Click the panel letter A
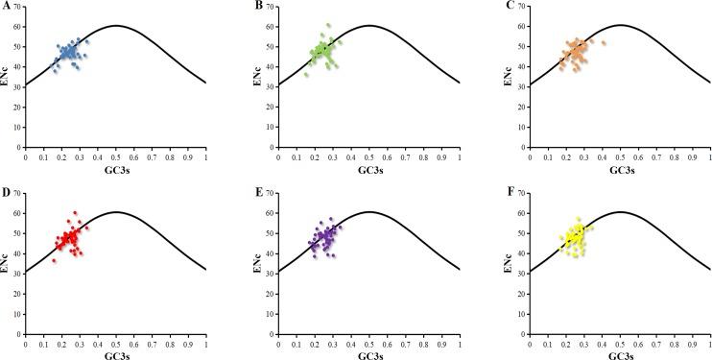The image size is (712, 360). click(7, 7)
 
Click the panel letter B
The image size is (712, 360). click(259, 7)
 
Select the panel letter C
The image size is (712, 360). click(510, 7)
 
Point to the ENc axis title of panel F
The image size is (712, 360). click(510, 262)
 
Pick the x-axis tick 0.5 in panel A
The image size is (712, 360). click(115, 156)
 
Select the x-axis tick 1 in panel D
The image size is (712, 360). click(205, 343)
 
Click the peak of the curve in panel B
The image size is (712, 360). click(368, 25)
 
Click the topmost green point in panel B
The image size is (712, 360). click(327, 24)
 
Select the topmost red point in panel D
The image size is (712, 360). click(75, 213)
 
